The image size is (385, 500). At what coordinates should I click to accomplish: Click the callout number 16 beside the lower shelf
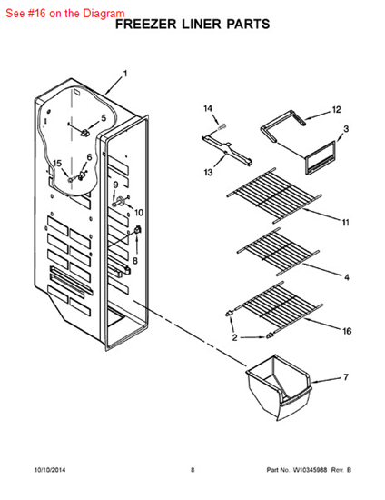coord(347,331)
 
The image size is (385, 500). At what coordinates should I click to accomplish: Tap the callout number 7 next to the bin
coord(346,377)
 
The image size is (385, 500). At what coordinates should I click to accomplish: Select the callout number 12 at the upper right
coord(336,110)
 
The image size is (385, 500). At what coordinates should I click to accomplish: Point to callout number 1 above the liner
coord(125,74)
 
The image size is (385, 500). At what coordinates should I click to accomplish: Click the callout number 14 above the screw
coord(208,109)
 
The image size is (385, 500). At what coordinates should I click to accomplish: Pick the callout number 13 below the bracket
coord(208,173)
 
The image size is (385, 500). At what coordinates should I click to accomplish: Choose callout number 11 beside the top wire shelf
coord(346,222)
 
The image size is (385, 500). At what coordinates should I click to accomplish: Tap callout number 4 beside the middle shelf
coord(347,277)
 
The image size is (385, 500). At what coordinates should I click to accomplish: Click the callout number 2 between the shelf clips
coord(234,337)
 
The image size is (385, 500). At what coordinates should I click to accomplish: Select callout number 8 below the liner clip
coord(135,261)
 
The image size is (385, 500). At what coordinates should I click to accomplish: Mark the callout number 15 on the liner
coord(57,164)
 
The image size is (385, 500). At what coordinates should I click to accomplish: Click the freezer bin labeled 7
coord(279,387)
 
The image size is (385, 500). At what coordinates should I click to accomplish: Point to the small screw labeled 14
coord(222,126)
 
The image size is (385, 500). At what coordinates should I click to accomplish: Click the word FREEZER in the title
coord(145,25)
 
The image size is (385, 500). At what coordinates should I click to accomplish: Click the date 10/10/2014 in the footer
coord(50,470)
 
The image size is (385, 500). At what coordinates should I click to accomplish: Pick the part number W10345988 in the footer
coord(310,470)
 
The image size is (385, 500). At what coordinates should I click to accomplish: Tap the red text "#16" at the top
coord(36,14)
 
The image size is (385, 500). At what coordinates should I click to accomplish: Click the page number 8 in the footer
coord(192,470)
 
